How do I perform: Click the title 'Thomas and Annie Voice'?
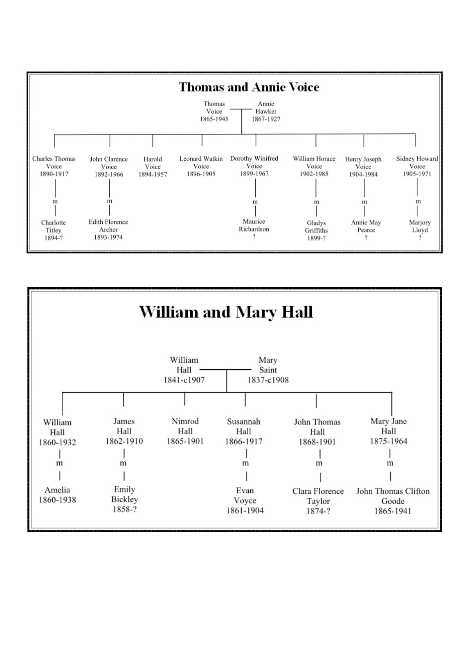point(249,87)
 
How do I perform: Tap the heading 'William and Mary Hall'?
point(226,312)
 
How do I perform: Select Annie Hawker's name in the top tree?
point(266,108)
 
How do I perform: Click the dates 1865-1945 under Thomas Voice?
point(214,119)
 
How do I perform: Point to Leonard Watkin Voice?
point(201,162)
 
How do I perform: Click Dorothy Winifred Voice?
point(254,162)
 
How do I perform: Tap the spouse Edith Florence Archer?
point(108,226)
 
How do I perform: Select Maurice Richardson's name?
point(254,225)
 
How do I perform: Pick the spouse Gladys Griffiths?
point(316,227)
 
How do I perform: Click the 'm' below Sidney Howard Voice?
point(418,201)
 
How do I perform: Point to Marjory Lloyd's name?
point(420,226)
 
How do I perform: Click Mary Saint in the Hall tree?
point(268,365)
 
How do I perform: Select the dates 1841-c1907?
point(184,380)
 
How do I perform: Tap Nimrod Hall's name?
point(185,426)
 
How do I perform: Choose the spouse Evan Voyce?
point(245,495)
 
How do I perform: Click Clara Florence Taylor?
point(318,496)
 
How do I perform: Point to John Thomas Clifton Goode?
point(393,496)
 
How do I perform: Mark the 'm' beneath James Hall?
point(123,463)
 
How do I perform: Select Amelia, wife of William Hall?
point(57,490)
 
